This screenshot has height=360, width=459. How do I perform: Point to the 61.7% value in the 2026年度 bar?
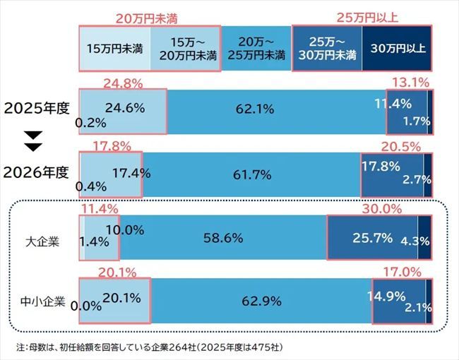251,172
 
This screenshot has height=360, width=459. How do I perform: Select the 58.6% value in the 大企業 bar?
223,239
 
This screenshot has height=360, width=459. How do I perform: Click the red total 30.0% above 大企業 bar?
381,210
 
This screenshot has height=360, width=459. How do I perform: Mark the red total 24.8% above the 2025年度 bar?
123,84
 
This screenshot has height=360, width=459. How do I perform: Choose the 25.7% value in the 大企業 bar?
372,238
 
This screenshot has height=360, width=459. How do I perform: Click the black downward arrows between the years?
32,141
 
